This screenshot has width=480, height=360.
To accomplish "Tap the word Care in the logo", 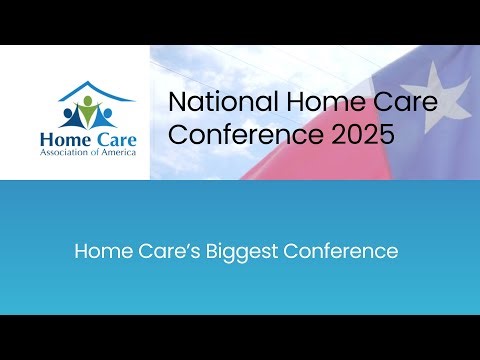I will pyautogui.click(x=110, y=137).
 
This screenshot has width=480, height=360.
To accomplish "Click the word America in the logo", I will pyautogui.click(x=117, y=154).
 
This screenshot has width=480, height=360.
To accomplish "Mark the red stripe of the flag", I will pyautogui.click(x=300, y=160).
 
